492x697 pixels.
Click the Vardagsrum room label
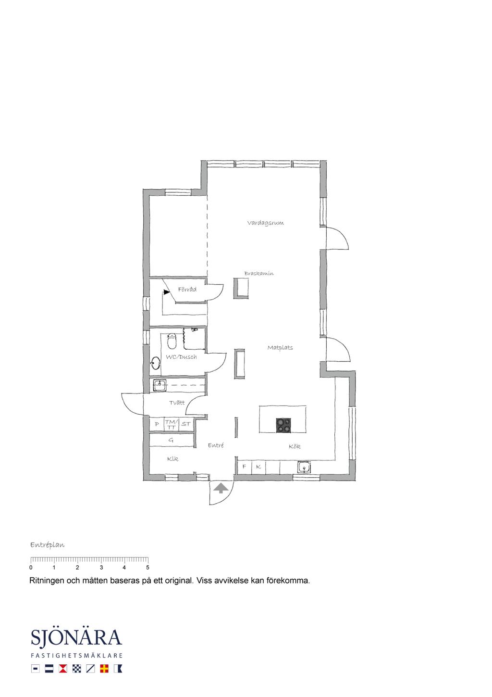coord(265,223)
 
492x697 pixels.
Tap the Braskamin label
coord(259,274)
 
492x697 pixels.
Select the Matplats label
coord(280,348)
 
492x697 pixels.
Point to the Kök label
coord(295,446)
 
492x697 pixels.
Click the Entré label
coord(216,445)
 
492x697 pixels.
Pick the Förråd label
coord(187,290)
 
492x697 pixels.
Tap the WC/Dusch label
coord(181,357)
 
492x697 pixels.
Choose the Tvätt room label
coord(177,403)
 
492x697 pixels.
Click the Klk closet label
coord(172,458)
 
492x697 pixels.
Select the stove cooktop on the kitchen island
coord(283,425)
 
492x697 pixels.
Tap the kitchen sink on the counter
coord(304,467)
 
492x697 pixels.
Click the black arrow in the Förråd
coord(167,292)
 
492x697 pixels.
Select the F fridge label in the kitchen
coord(244,467)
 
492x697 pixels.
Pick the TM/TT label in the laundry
coord(172,424)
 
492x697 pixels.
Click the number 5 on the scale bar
coord(148,567)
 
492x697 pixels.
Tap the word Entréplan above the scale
coord(48,545)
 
